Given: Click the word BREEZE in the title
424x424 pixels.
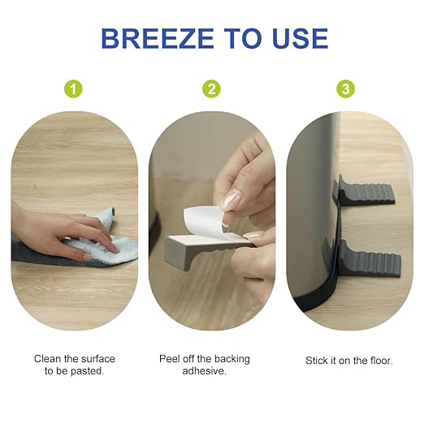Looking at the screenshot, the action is (158, 38).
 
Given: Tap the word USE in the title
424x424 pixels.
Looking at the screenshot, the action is (301, 38).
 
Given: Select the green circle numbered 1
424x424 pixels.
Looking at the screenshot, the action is (73, 89).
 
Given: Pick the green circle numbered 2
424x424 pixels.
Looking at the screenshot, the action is (211, 89).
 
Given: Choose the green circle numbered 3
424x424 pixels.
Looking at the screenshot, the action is (345, 89).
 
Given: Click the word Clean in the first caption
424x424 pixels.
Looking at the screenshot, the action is (47, 359).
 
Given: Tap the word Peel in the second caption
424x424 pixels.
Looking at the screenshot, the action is (169, 359).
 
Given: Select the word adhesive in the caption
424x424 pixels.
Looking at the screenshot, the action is (203, 371).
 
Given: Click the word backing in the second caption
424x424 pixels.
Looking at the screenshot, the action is (232, 360).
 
